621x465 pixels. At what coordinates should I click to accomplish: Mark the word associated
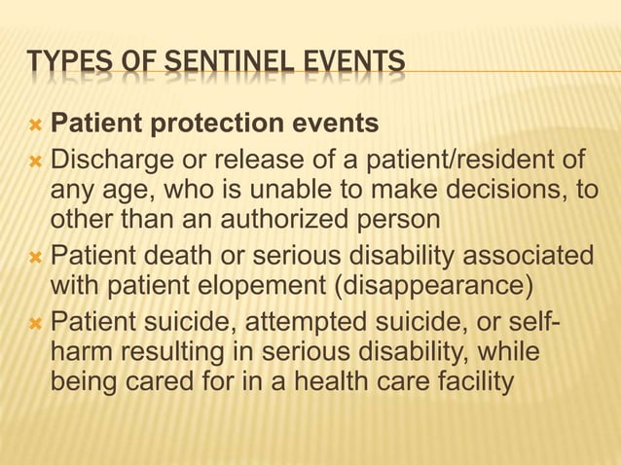point(527,258)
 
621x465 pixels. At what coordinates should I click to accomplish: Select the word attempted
point(320,321)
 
